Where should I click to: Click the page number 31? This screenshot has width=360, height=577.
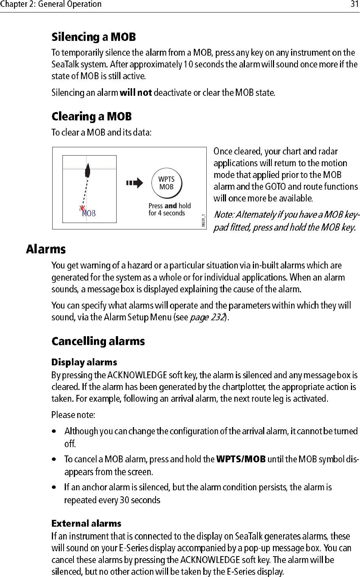point(354,4)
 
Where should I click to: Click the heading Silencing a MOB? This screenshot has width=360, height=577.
point(94,37)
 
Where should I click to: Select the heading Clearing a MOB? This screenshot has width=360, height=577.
point(92,116)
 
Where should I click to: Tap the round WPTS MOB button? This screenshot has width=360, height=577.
point(167,183)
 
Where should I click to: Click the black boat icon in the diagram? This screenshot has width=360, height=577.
point(88,170)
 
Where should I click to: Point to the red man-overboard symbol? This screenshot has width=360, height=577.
point(82,208)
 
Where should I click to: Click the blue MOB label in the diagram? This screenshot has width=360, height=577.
point(89,214)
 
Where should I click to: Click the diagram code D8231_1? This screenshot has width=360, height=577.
point(203,220)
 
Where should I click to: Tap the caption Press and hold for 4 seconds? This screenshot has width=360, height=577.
point(169,209)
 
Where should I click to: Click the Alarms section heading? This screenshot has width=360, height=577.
point(46,250)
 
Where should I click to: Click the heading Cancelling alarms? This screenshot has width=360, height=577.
point(98,342)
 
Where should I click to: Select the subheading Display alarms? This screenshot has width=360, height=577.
point(84,362)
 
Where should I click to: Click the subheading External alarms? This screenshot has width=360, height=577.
point(86,524)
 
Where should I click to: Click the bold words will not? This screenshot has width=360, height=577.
point(136,93)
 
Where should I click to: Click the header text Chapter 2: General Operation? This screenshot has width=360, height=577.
point(51,4)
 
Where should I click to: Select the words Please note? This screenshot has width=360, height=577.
point(73,415)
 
